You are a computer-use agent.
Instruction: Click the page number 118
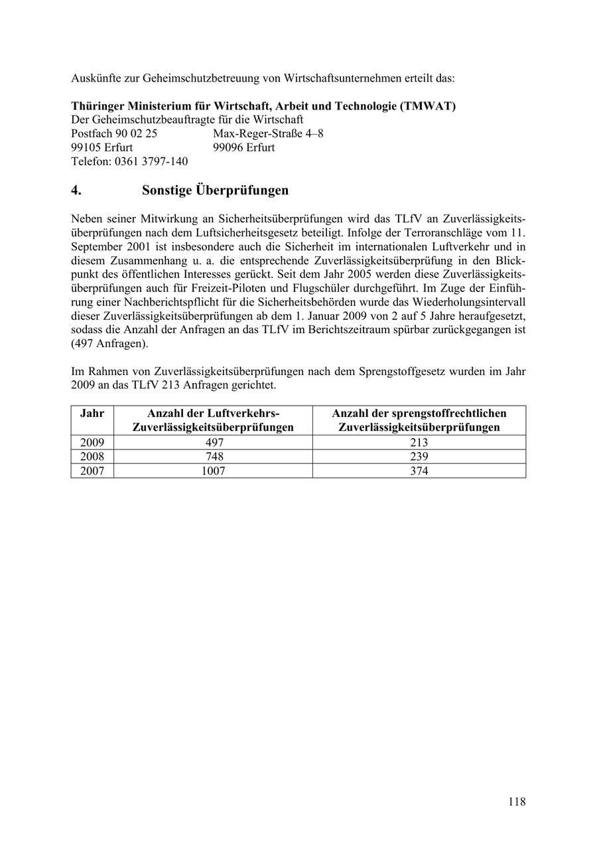tap(517, 802)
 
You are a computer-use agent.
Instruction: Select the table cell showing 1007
tap(213, 471)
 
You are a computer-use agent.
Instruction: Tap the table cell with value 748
tap(213, 457)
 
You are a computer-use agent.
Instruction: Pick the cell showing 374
tap(419, 471)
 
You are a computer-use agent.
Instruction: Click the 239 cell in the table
tap(419, 457)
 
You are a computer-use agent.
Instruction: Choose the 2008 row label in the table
tap(92, 457)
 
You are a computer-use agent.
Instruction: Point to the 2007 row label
tap(92, 471)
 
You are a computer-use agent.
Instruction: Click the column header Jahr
tap(92, 414)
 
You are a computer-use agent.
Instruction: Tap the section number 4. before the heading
tap(76, 191)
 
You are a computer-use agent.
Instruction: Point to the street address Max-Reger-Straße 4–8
tap(268, 133)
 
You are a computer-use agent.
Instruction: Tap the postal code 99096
tap(228, 147)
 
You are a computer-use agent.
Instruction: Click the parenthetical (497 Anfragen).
tap(110, 344)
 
